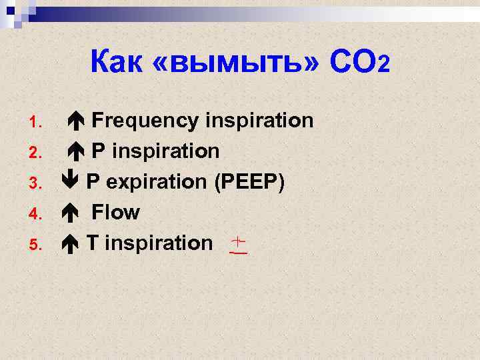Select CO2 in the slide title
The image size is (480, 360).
[359, 62]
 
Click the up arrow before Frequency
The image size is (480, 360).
[76, 121]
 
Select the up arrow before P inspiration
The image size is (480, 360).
[76, 152]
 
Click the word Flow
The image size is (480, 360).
[115, 213]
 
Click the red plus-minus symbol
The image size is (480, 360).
[238, 245]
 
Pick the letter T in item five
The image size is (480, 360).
[93, 243]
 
